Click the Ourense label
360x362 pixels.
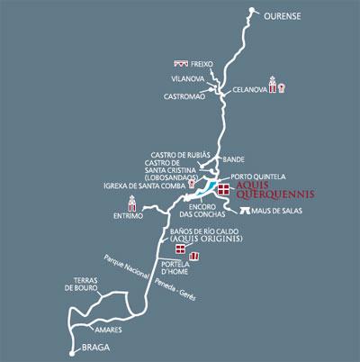pyautogui.click(x=285, y=16)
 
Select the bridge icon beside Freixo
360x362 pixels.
pyautogui.click(x=181, y=64)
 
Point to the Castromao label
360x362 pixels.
pyautogui.click(x=185, y=95)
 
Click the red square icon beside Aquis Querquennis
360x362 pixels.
pyautogui.click(x=223, y=188)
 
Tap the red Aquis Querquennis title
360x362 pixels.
pyautogui.click(x=267, y=191)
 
